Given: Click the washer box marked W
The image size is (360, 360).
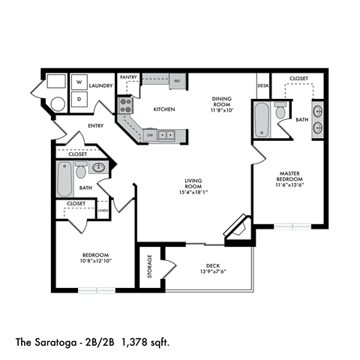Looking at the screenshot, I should pos(79,82).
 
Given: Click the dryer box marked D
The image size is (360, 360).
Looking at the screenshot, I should pos(79,99).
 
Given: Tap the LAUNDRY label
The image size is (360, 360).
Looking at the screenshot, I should pos(100,86).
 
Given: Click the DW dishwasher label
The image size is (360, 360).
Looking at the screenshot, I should pos(150,135).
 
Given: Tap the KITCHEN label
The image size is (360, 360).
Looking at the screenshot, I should pos(164,109).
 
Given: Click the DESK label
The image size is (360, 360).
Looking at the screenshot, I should pos(262,85).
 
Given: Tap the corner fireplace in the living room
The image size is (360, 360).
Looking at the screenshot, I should pos(239,226).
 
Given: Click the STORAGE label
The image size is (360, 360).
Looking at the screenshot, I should pos(150,266).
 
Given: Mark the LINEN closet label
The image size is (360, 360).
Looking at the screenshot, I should pos(103,211).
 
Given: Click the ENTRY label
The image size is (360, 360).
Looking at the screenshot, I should pos(96,127).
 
